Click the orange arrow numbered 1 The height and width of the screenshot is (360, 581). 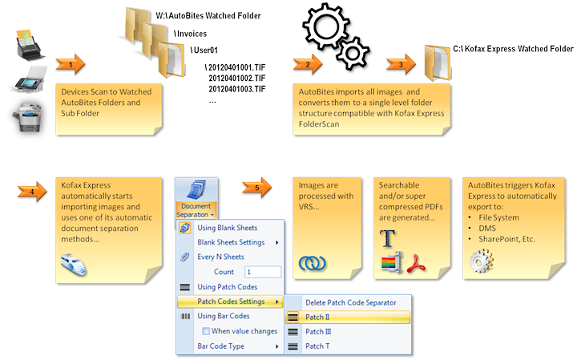pyautogui.click(x=72, y=62)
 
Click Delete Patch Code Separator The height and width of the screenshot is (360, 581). pyautogui.click(x=350, y=302)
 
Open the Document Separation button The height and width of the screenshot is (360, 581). pyautogui.click(x=195, y=200)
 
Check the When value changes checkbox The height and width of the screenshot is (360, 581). pyautogui.click(x=207, y=330)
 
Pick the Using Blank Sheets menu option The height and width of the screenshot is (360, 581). pyautogui.click(x=228, y=228)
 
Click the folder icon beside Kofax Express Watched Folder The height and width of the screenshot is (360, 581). pyautogui.click(x=438, y=59)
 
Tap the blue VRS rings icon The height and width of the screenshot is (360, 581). pyautogui.click(x=313, y=262)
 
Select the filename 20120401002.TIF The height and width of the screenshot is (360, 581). pyautogui.click(x=236, y=77)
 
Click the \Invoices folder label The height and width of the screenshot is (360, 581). pyautogui.click(x=191, y=34)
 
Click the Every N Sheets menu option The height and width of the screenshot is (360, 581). pyautogui.click(x=220, y=257)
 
